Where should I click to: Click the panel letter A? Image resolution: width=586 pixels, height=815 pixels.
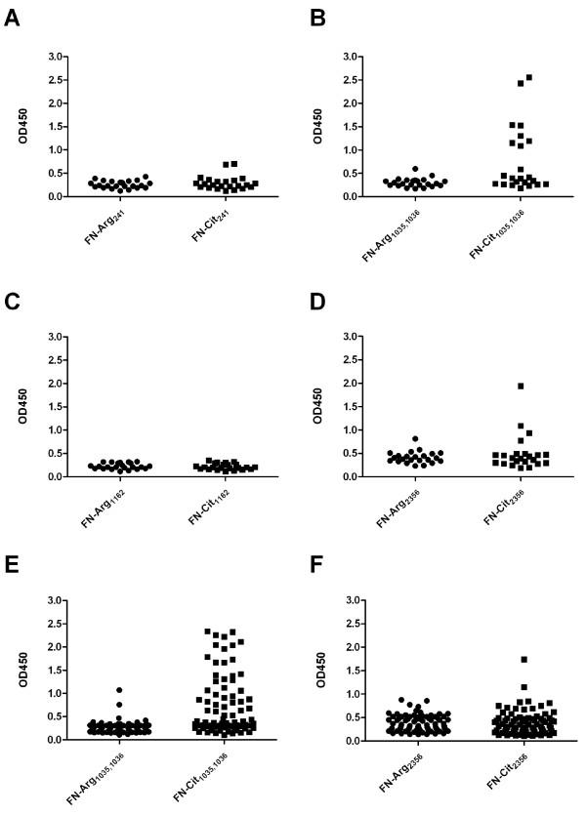pos(13,20)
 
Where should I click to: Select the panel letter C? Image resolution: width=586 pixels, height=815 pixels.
pos(13,301)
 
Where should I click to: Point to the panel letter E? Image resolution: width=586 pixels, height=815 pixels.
pos(13,565)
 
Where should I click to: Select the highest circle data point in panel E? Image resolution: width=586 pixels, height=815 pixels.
pos(118,690)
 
